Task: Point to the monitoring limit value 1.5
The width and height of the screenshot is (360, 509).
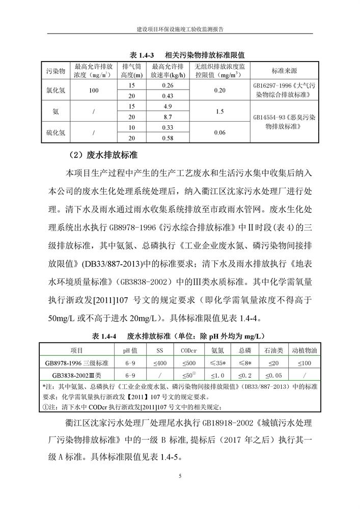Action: [x=220, y=111]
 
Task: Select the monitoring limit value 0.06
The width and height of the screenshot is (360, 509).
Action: [x=220, y=132]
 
